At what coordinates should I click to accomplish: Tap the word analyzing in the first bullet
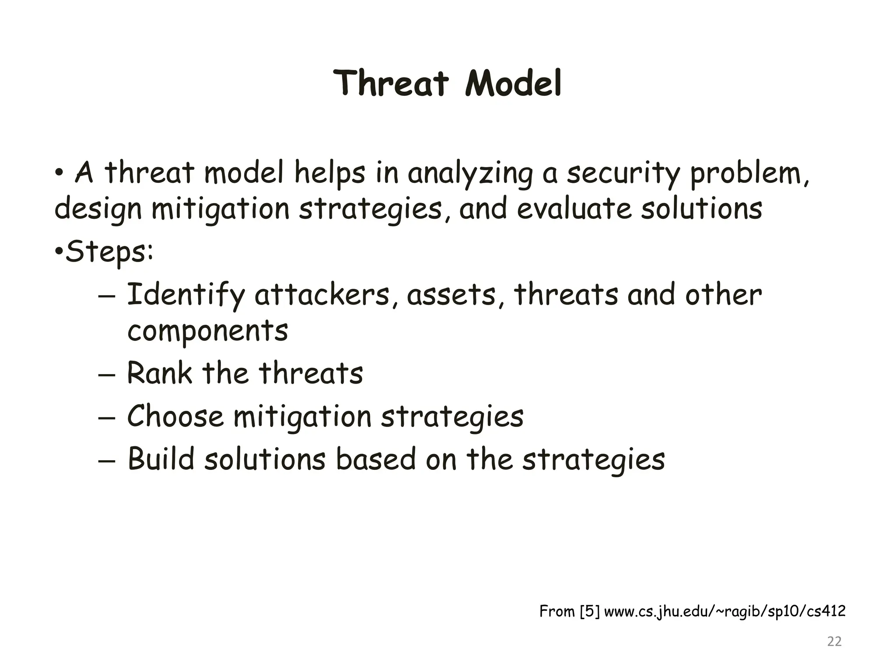[x=470, y=174]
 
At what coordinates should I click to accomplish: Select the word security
[x=623, y=174]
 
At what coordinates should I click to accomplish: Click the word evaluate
[x=574, y=209]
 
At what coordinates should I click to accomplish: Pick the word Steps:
[x=109, y=252]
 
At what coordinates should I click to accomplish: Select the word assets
[x=452, y=295]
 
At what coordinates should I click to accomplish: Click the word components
[x=207, y=331]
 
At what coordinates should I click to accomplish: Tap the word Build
[x=161, y=459]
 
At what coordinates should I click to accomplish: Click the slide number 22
[x=834, y=641]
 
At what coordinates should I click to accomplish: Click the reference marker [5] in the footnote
[x=589, y=611]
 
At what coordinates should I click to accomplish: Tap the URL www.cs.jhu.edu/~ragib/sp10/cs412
[x=724, y=611]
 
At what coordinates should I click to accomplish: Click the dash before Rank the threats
[x=107, y=375]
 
